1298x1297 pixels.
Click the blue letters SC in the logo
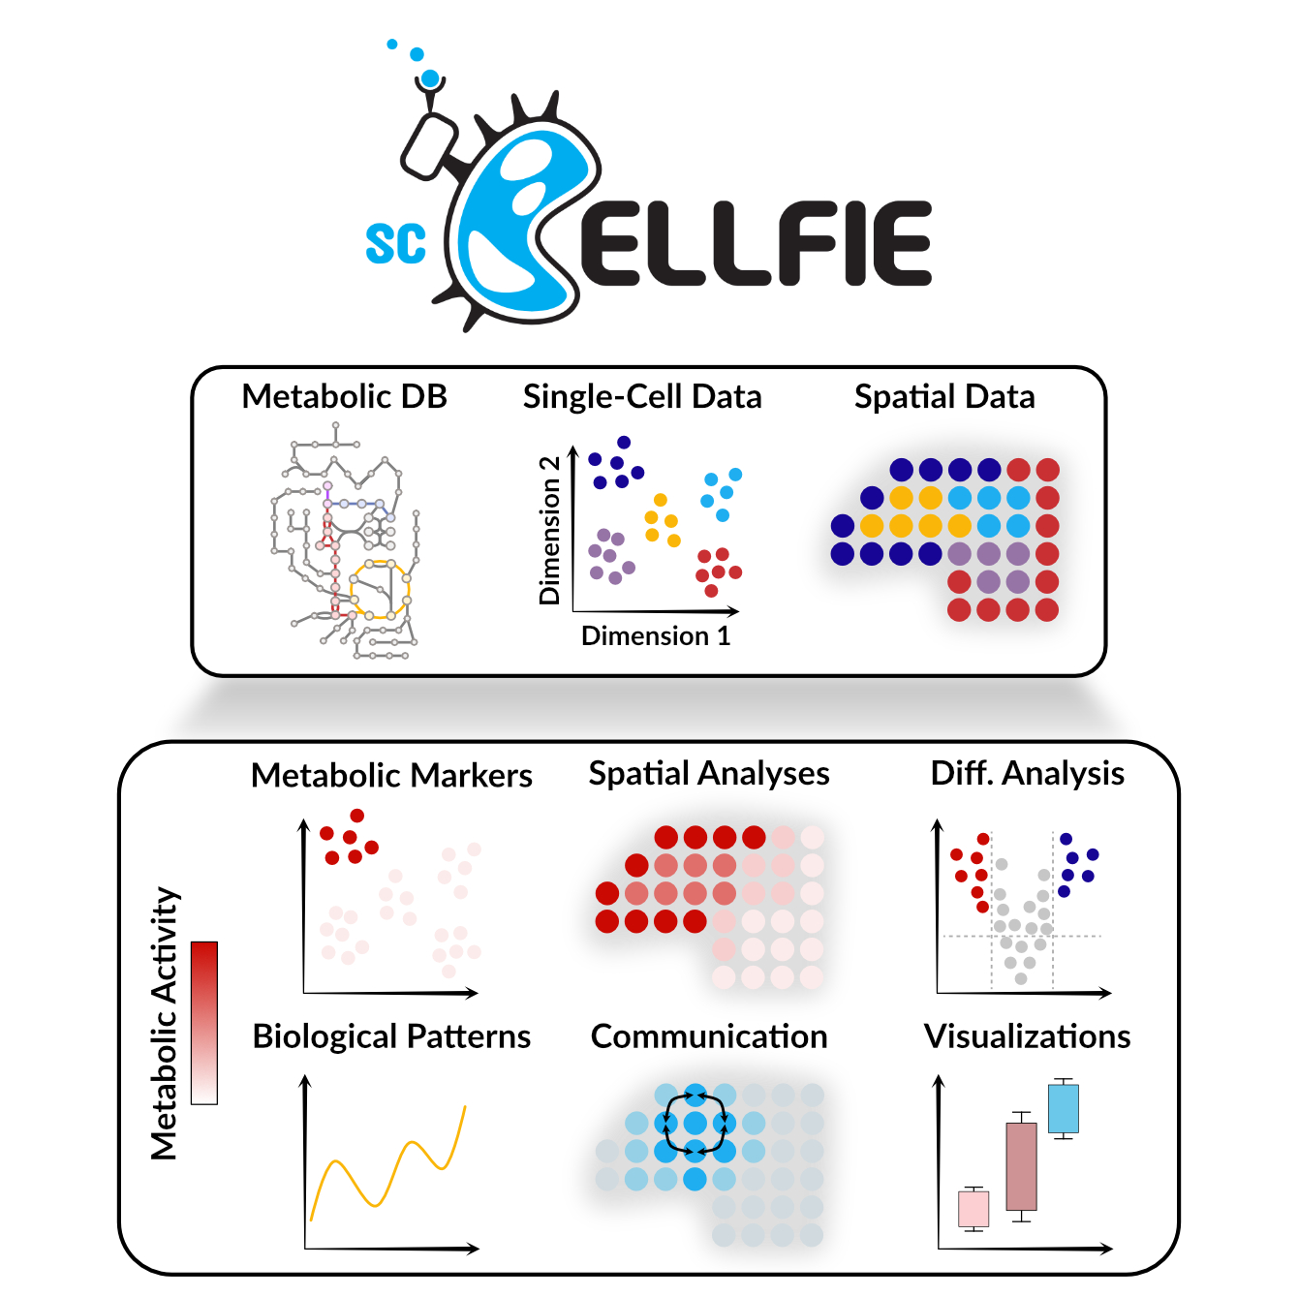click(395, 244)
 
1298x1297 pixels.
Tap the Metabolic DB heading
click(344, 396)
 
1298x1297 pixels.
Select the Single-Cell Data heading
click(642, 396)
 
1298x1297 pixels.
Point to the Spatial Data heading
click(944, 396)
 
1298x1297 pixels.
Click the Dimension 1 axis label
click(656, 635)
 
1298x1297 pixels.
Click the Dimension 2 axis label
click(549, 530)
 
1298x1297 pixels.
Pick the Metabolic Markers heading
click(391, 775)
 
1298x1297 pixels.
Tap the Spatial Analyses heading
click(709, 773)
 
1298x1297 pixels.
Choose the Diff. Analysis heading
click(1027, 773)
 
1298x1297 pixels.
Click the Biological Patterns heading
click(391, 1036)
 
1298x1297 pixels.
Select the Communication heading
click(709, 1036)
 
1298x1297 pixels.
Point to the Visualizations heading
click(1027, 1036)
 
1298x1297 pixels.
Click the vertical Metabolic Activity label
click(165, 1023)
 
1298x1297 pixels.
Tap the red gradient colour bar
click(204, 1022)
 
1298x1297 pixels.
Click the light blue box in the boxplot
click(1063, 1108)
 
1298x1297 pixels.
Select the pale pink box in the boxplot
click(973, 1208)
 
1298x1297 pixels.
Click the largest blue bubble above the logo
click(430, 78)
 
